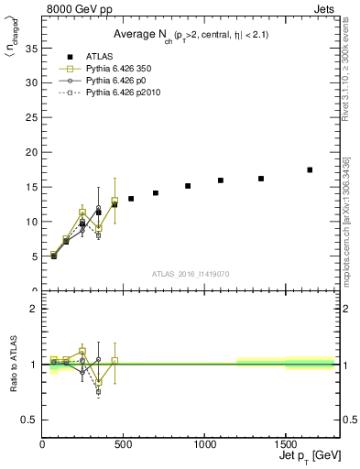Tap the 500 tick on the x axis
(x=124, y=443)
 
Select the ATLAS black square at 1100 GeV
(x=221, y=180)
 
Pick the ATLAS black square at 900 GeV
(x=188, y=186)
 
